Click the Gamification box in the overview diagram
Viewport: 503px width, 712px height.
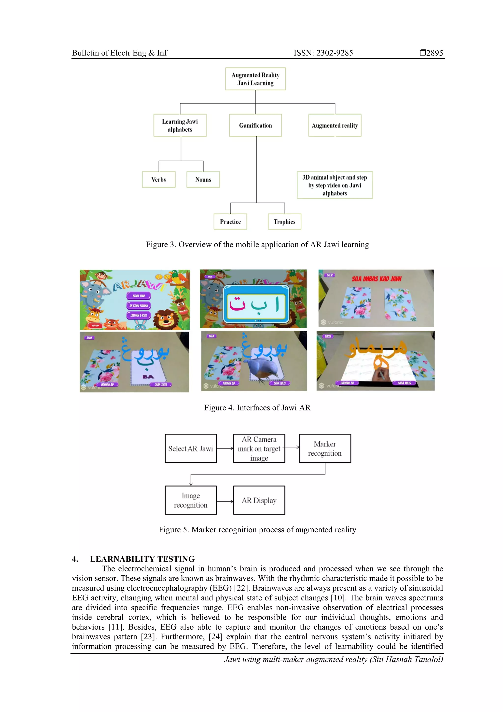coord(255,125)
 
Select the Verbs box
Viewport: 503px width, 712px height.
coord(158,180)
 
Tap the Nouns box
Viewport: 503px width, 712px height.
coord(203,180)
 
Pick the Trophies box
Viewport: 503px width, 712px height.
coord(284,222)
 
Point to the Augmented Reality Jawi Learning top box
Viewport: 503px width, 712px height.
coord(255,79)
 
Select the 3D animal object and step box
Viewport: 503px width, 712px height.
coord(335,185)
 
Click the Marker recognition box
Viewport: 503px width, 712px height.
coord(324,449)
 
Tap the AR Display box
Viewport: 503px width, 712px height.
coord(259,500)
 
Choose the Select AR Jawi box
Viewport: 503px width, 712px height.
coord(191,449)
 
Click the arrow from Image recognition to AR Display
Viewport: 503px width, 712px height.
coord(225,501)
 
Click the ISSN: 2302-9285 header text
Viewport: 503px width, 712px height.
coord(323,53)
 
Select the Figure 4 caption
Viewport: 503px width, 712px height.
coord(257,407)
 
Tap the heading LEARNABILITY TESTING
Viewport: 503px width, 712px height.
coord(142,559)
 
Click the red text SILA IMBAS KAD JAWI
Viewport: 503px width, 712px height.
coord(376,279)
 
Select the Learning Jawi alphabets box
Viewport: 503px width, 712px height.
coord(180,125)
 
